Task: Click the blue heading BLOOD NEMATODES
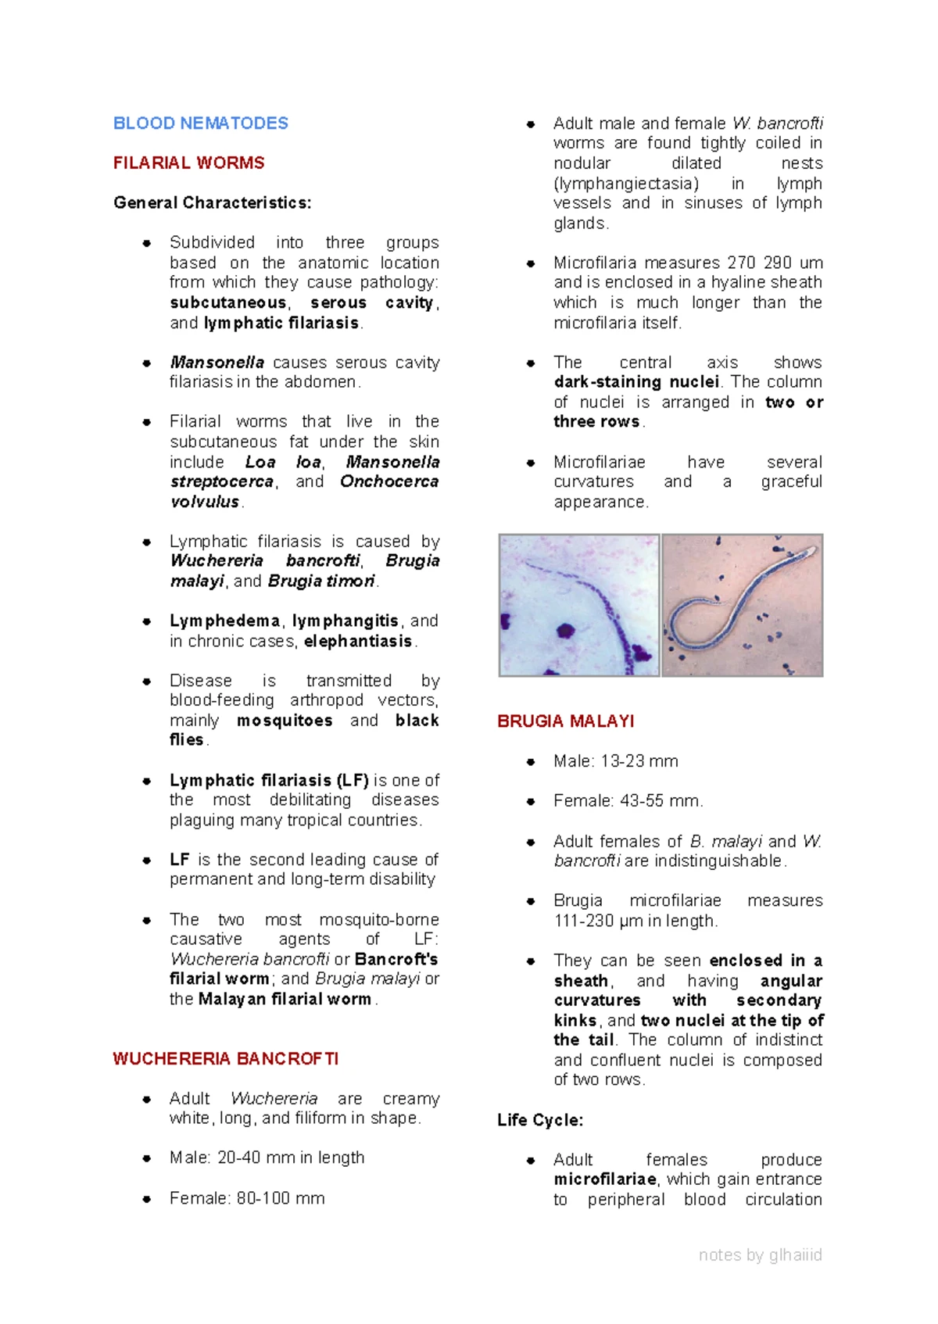click(200, 123)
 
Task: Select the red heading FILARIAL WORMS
click(188, 163)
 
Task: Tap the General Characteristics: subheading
click(212, 203)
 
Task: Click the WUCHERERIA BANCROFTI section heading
click(225, 1059)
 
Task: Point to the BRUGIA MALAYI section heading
click(565, 721)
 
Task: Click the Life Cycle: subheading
click(540, 1120)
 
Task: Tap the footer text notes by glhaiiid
click(760, 1255)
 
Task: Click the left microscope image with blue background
click(579, 605)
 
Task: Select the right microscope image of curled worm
click(742, 605)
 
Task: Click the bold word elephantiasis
click(358, 642)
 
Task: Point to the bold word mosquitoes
click(285, 721)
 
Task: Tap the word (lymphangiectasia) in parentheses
click(625, 184)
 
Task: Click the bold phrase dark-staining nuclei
click(636, 382)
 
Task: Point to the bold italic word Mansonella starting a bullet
click(217, 363)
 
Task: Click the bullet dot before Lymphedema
click(146, 622)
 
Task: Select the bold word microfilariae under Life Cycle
click(604, 1179)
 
